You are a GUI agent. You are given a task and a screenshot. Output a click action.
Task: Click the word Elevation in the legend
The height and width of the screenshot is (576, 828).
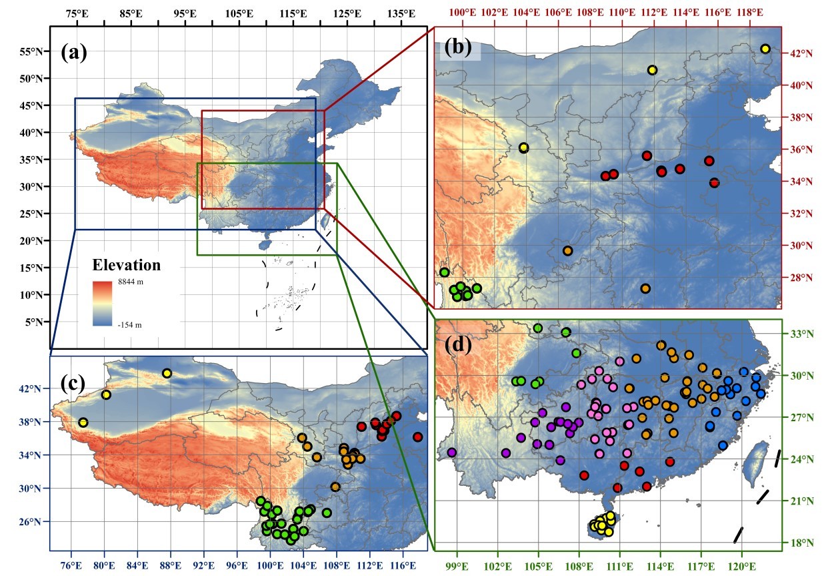click(x=127, y=265)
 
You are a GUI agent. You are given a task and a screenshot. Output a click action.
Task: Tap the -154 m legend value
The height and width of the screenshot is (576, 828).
click(x=131, y=324)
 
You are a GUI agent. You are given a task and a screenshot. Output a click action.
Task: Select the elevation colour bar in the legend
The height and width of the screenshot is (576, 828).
click(x=103, y=304)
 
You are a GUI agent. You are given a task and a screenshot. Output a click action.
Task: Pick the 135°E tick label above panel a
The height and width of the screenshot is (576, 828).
click(x=402, y=14)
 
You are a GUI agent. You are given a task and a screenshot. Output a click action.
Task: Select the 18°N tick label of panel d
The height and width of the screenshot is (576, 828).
click(x=797, y=543)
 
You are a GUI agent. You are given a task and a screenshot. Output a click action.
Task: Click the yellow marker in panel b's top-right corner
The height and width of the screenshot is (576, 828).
click(x=765, y=49)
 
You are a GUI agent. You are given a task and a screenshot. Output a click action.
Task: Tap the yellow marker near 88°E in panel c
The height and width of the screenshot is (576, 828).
click(x=167, y=373)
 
